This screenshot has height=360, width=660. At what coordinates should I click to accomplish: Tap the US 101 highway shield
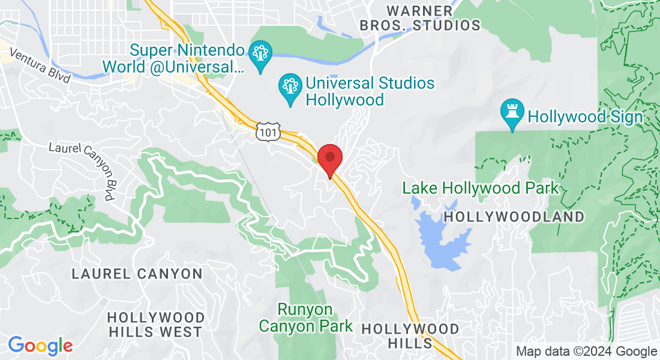point(267,131)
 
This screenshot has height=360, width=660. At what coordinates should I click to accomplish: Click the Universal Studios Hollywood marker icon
point(291,89)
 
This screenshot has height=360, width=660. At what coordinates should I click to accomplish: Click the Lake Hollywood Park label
point(480,188)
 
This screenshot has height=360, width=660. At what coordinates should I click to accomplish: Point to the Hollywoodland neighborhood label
point(514,217)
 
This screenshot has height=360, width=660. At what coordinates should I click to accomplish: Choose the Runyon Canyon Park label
point(305,317)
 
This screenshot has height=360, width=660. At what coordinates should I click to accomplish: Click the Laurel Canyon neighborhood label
point(137,274)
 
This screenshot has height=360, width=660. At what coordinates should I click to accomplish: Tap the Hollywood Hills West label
point(155,324)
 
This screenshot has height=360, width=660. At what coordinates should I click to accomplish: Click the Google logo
point(40,346)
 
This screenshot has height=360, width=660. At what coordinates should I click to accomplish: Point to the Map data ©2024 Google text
point(587,352)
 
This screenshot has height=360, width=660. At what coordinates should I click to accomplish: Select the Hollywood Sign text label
point(585,116)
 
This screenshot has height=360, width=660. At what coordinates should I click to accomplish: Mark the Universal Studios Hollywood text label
point(370,91)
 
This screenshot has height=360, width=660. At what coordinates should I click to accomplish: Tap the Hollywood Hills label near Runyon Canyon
point(410,335)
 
